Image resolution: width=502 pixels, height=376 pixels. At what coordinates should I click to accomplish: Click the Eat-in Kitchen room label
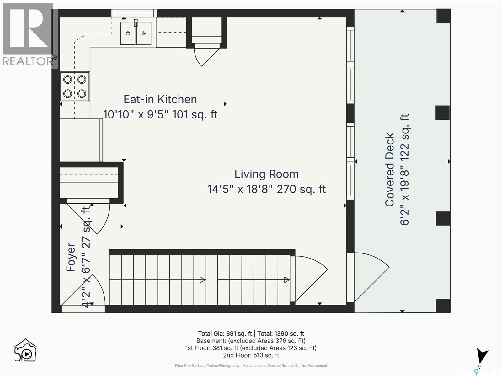pos(160,100)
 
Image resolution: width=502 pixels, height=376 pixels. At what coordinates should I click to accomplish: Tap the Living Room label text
pos(266,174)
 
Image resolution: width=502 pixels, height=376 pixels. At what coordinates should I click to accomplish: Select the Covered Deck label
pos(390,170)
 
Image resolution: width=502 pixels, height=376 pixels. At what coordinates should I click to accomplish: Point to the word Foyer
pos(71,257)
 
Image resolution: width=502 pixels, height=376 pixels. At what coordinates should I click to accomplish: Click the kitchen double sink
pos(136,34)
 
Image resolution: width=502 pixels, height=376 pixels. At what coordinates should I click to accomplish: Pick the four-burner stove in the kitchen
pos(75,86)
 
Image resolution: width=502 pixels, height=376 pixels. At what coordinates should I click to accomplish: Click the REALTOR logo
pos(29,35)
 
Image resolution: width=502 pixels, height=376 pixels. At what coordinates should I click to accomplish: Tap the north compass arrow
pos(482,356)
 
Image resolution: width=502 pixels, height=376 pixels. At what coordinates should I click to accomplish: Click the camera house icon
pos(25,350)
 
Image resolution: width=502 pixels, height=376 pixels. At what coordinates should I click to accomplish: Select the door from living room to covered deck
pos(368,277)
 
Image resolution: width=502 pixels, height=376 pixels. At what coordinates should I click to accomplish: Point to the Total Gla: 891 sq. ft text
pos(225,333)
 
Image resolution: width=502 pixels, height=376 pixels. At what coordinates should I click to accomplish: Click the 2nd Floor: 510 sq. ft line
pos(251,355)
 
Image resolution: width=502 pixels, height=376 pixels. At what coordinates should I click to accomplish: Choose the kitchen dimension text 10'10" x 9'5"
pos(136,114)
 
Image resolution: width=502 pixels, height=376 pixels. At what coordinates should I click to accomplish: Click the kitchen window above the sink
pos(134,13)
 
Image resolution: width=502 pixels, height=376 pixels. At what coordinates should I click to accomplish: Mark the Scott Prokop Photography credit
pos(207,365)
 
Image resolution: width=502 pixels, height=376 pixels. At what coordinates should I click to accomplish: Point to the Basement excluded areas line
pos(251,341)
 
